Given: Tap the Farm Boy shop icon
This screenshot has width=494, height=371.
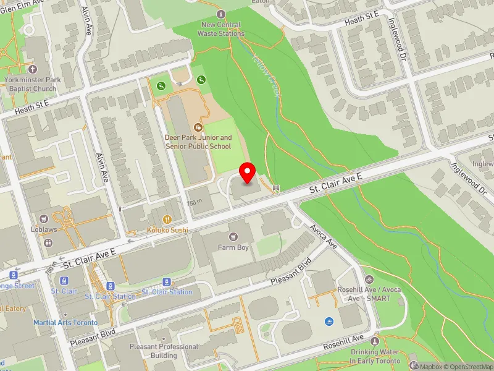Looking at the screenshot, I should tap(233, 236).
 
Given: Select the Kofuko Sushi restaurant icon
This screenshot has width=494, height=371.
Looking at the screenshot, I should tap(167, 219).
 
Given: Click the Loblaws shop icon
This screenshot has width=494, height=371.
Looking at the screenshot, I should tap(43, 218).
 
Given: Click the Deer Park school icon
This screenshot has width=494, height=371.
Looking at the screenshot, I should tap(198, 127).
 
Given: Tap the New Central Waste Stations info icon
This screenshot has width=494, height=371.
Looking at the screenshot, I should tap(222, 14).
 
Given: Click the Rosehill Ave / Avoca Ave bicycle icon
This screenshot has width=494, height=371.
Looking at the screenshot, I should tap(369, 279).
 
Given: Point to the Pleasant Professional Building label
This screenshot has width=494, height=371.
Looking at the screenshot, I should tap(164, 351).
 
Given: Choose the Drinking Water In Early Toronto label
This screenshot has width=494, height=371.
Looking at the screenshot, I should tap(374, 356).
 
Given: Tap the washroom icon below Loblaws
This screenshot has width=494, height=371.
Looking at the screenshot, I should tap(49, 242).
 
